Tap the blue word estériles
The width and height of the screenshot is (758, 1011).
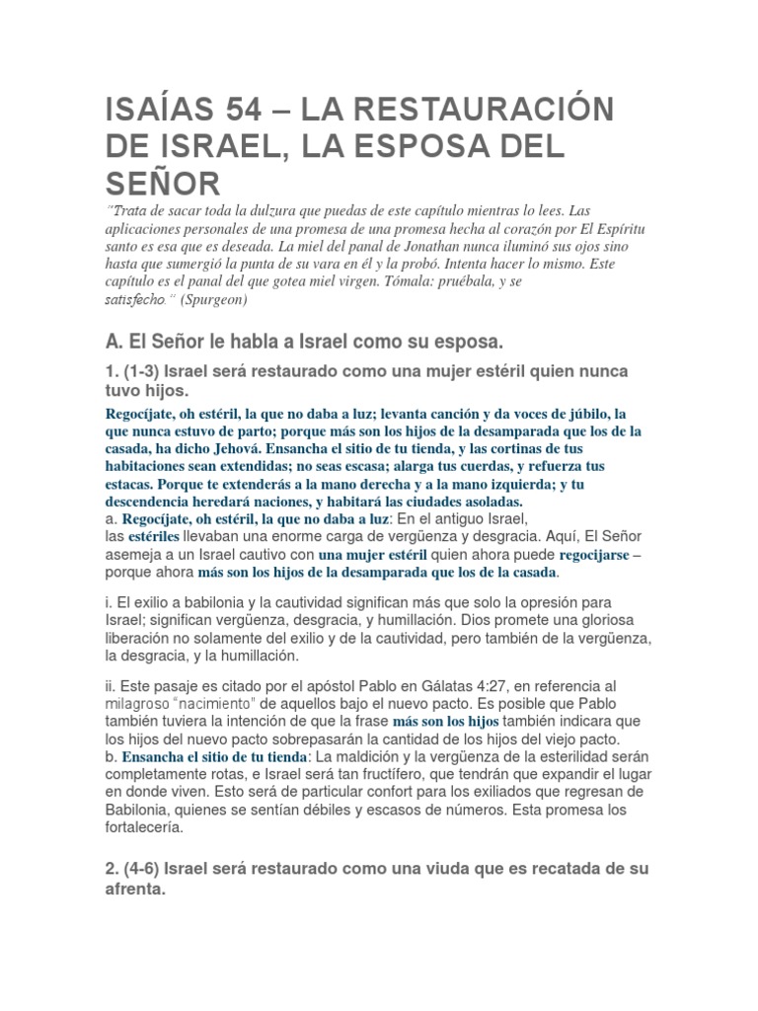[153, 536]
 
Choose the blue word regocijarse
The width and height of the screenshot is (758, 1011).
[588, 554]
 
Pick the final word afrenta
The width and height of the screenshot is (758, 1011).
[136, 889]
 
